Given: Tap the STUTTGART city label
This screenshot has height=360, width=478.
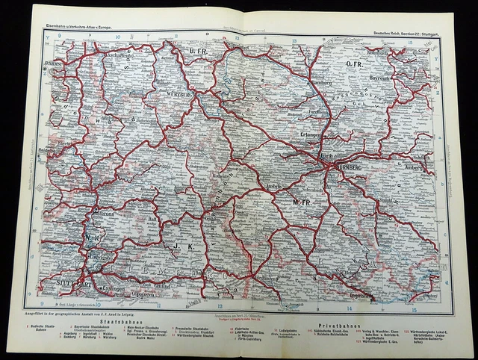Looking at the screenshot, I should click(75, 284).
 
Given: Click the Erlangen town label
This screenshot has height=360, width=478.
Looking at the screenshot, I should click(311, 136).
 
